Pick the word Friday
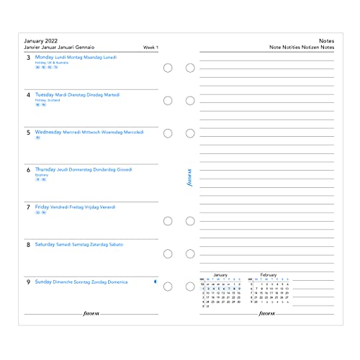point(42,207)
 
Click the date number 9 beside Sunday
point(27,282)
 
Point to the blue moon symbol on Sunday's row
point(156,282)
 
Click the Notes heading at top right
point(326,41)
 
